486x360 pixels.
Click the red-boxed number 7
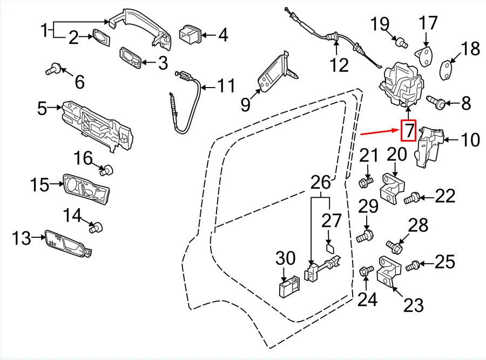409,130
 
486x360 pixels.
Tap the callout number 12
340,65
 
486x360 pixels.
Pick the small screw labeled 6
53,69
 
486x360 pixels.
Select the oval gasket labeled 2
100,37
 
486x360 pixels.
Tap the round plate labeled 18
447,70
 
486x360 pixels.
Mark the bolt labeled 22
411,199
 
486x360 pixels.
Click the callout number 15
39,185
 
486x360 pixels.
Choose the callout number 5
42,109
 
